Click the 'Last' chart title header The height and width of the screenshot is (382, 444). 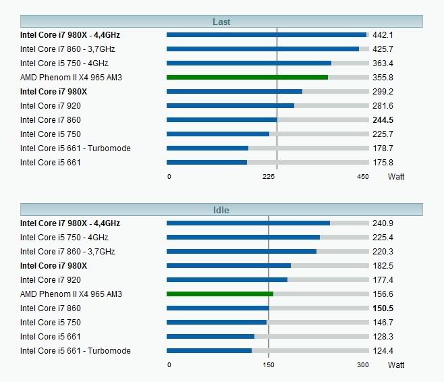[221, 22]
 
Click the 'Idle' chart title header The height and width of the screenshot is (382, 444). [221, 210]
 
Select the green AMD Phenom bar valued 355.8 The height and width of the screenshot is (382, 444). [247, 77]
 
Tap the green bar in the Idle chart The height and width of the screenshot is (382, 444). [220, 294]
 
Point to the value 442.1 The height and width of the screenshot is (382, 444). [383, 34]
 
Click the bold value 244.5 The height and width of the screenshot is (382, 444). [383, 119]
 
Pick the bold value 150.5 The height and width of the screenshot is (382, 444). [383, 308]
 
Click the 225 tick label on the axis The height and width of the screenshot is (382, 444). [269, 177]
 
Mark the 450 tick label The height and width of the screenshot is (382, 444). [362, 177]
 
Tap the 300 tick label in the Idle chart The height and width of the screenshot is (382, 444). [362, 365]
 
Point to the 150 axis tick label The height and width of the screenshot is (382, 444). [269, 365]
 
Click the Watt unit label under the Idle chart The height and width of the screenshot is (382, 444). [396, 365]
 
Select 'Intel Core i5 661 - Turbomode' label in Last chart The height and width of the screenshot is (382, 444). [76, 148]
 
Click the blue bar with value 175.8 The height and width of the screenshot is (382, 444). [206, 162]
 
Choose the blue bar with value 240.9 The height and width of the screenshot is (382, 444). [248, 223]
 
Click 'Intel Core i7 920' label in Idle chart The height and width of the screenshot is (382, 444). [51, 279]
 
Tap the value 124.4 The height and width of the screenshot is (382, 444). [383, 350]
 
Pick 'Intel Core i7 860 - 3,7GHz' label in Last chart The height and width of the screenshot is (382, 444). [67, 49]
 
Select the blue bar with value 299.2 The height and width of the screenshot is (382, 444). [234, 91]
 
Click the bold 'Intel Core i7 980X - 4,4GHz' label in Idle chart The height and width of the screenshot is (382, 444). [70, 223]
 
